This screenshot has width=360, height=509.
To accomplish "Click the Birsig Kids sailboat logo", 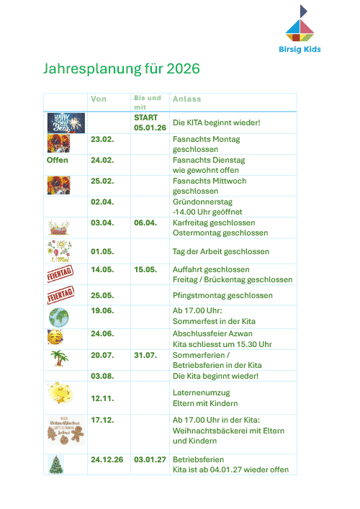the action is coord(300,25).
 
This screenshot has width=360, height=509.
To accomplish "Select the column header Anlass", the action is coord(187,99).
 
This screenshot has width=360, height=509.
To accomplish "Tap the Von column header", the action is coord(99,99).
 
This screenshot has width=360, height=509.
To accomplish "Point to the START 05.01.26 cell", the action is coord(150,122).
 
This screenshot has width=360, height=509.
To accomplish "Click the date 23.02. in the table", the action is coord(102,139).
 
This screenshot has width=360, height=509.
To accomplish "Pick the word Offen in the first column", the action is coord(58,160).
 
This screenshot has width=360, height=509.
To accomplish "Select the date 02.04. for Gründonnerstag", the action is coord(102,202).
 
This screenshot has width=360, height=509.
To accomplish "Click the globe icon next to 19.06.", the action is coord(58,317).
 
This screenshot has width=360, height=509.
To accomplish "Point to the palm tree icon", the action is coord(59,359).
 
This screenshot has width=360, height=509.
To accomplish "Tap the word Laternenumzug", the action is coord(202,393).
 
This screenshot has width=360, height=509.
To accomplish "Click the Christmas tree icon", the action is coord(55,464).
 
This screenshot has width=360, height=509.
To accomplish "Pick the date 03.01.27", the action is coord(150,459).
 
